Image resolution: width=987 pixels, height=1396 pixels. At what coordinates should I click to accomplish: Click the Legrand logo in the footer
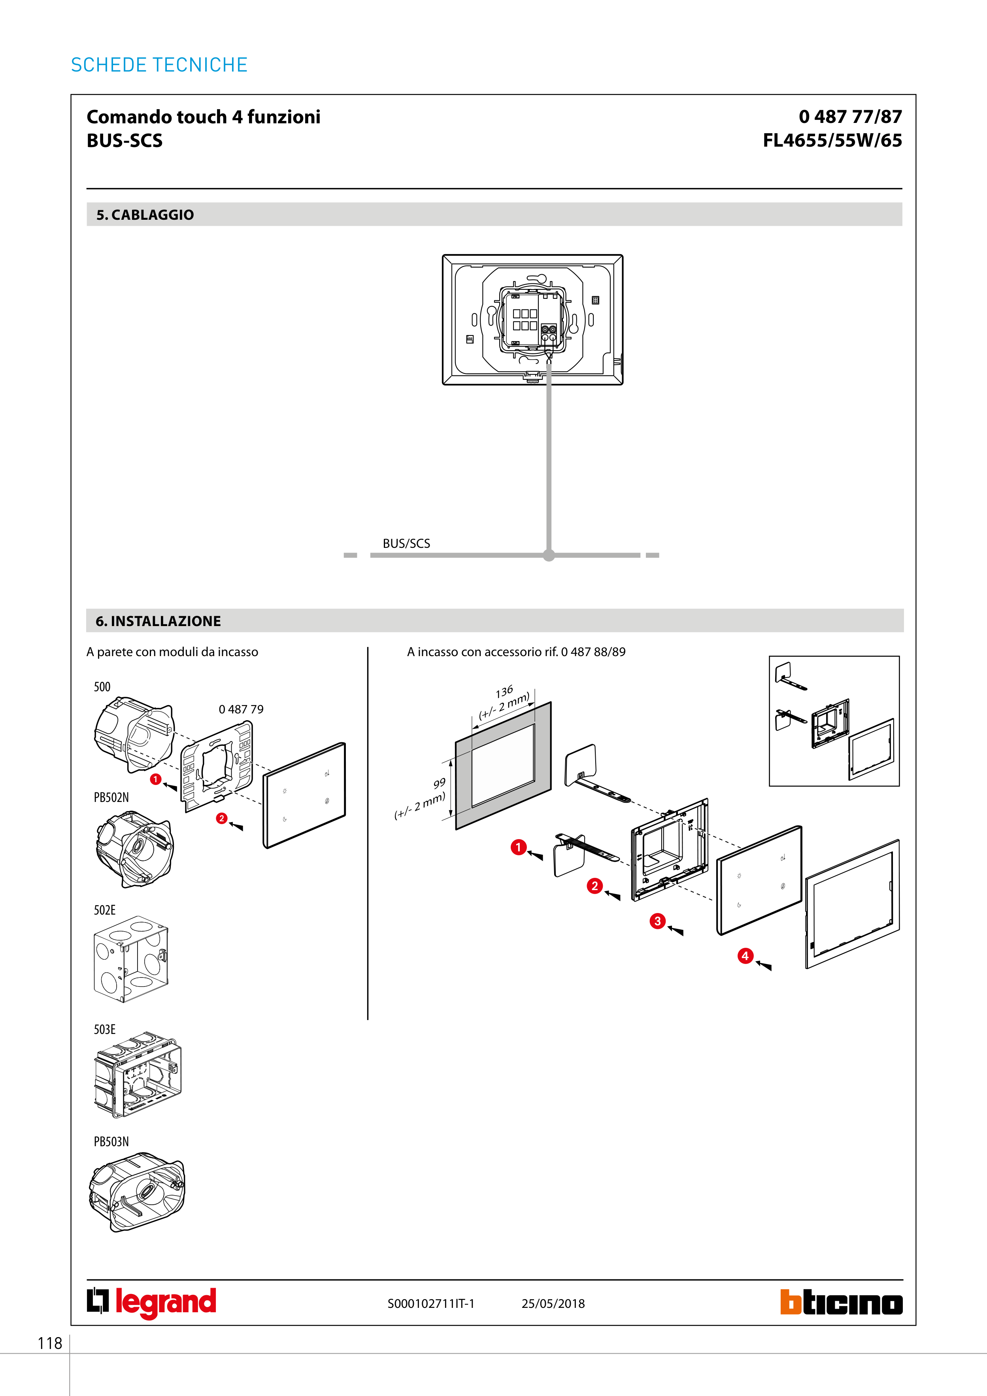[x=151, y=1302]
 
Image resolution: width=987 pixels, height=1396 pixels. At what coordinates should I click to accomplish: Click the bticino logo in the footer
[x=841, y=1302]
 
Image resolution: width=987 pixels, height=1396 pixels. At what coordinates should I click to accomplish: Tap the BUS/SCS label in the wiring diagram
[x=406, y=543]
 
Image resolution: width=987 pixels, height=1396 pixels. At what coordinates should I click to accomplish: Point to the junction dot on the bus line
[x=549, y=555]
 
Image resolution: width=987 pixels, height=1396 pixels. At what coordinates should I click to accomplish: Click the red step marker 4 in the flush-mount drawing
[x=745, y=956]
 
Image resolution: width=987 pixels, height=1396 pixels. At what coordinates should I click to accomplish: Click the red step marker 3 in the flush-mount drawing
[x=657, y=921]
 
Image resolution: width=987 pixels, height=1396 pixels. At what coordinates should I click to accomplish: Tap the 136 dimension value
[x=504, y=692]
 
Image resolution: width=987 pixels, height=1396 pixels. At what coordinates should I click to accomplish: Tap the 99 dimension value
[x=439, y=783]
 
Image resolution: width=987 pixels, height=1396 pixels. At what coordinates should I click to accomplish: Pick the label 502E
[x=105, y=910]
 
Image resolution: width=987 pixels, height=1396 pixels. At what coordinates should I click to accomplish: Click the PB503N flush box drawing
[x=136, y=1192]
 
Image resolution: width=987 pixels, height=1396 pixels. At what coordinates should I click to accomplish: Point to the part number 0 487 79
[x=241, y=709]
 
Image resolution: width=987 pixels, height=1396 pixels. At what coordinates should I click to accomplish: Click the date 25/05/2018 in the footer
[x=553, y=1304]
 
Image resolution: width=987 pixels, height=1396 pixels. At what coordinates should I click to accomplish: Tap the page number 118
[x=50, y=1343]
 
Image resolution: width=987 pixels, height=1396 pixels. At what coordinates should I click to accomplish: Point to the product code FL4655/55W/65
[x=832, y=140]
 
